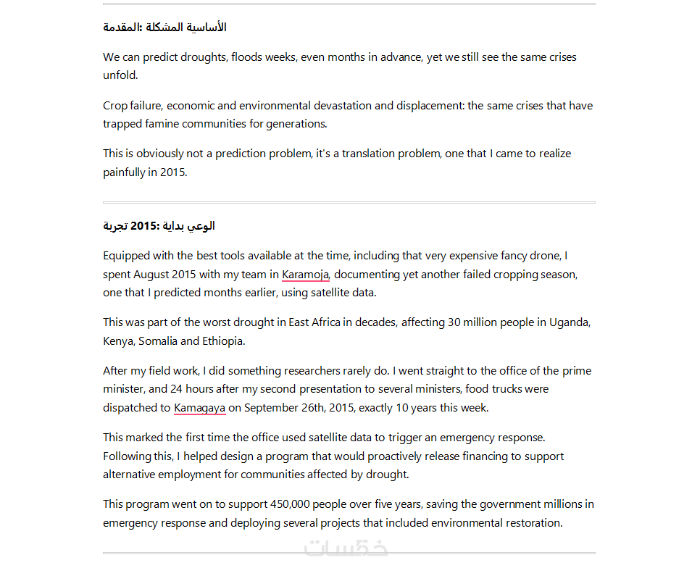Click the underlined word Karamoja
click(x=305, y=275)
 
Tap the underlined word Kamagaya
click(x=200, y=408)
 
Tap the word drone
click(x=546, y=256)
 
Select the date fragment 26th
click(x=307, y=408)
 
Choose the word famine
click(x=159, y=124)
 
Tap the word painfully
click(x=125, y=172)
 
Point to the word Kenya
click(x=118, y=341)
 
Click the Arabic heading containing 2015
click(x=159, y=226)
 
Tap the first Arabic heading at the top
click(x=164, y=28)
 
